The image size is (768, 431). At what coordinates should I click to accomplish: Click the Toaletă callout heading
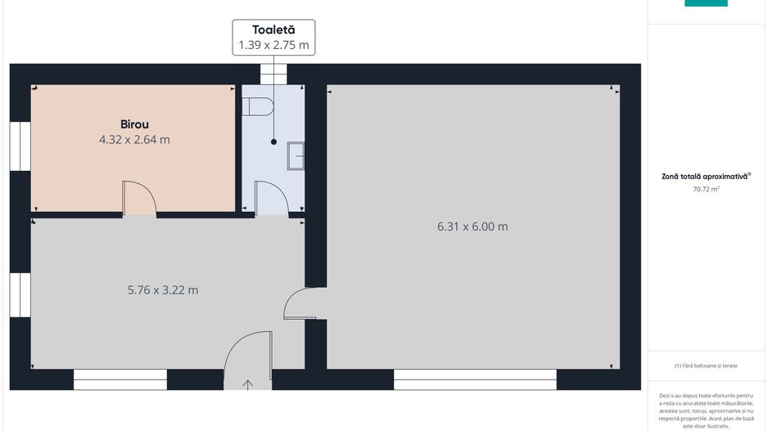[x=273, y=29]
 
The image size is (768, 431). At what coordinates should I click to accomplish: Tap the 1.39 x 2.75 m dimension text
[x=273, y=45]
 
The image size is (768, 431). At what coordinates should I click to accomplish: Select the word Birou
[x=135, y=124]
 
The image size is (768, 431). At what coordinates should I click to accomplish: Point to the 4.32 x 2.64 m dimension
[x=135, y=139]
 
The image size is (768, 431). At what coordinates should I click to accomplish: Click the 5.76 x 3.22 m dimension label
[x=163, y=290]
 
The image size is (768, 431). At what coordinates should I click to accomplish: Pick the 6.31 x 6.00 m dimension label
[x=472, y=227]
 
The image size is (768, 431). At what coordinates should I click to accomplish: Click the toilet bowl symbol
[x=258, y=106]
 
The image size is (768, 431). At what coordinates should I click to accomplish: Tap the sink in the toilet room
[x=296, y=155]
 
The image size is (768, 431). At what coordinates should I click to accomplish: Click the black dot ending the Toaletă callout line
[x=273, y=141]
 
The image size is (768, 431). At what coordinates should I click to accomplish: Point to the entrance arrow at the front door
[x=248, y=385]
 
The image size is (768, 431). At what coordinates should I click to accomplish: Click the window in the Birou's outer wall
[x=20, y=146]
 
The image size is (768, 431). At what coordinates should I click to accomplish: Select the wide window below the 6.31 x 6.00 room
[x=475, y=379]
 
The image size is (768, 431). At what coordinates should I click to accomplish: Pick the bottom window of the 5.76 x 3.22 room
[x=120, y=379]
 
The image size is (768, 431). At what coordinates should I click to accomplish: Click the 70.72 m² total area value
[x=706, y=189]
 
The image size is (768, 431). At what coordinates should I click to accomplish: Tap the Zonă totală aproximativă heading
[x=706, y=176]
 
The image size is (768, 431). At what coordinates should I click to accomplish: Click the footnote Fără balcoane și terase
[x=706, y=366]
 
